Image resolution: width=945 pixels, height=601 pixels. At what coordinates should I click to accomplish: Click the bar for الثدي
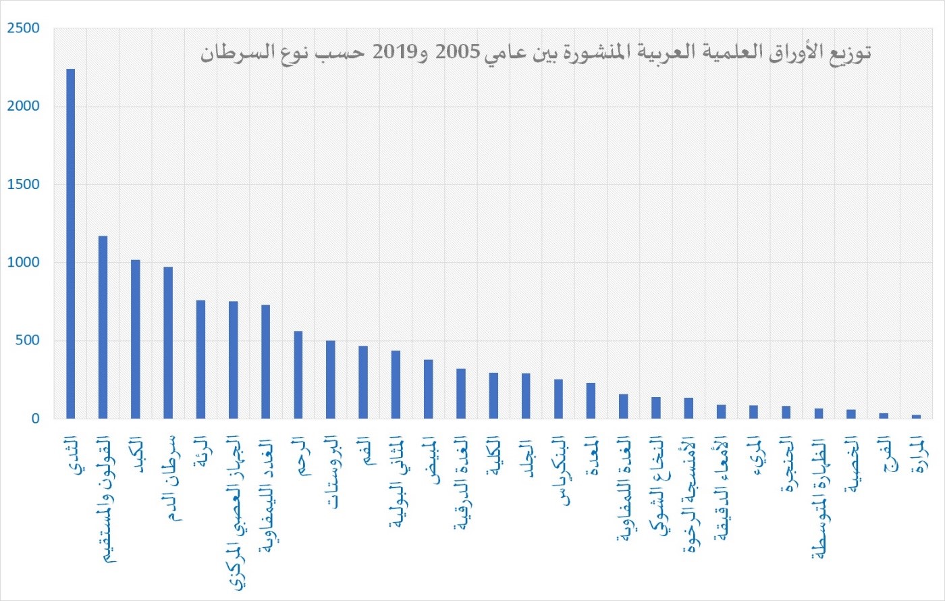point(70,243)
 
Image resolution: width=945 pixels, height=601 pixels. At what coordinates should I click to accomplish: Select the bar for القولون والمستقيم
point(103,327)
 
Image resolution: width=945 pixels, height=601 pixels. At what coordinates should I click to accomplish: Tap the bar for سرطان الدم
point(168,342)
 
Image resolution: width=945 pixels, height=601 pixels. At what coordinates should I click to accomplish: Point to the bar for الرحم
point(298,375)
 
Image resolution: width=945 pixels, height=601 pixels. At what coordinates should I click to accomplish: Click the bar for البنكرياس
point(558,399)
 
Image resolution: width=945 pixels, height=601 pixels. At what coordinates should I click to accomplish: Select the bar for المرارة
point(916,417)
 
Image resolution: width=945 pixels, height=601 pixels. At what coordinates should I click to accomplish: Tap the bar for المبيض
point(428,389)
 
